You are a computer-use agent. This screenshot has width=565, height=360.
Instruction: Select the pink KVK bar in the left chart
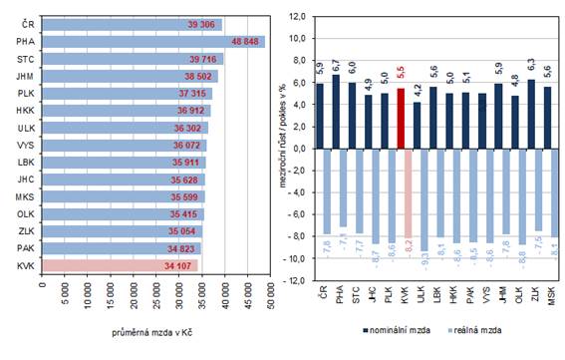pyautogui.click(x=120, y=265)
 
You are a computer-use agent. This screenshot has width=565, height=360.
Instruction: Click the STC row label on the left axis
pyautogui.click(x=27, y=59)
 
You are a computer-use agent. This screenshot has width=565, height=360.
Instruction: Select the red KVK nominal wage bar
pyautogui.click(x=402, y=119)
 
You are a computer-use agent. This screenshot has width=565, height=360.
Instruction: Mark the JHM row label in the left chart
pyautogui.click(x=27, y=77)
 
